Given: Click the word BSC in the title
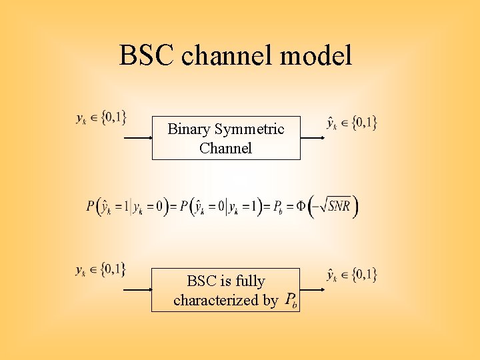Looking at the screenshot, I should [x=147, y=55].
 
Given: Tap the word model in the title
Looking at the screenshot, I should [x=317, y=55].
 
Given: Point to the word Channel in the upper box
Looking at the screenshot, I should [x=225, y=148].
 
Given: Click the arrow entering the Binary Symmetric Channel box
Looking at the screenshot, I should [x=138, y=138].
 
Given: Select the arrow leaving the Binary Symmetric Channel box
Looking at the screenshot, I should [x=312, y=138].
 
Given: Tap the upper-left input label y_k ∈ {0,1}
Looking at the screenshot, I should [x=101, y=118].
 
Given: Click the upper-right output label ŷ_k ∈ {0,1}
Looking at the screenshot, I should [x=351, y=122].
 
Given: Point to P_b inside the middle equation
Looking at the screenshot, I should [x=281, y=207].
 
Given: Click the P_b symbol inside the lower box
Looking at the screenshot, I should [x=291, y=301].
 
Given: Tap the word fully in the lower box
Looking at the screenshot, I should [x=250, y=281].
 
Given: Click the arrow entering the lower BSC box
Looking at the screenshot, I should [x=137, y=290].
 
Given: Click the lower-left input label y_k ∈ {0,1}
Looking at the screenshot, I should [x=101, y=270].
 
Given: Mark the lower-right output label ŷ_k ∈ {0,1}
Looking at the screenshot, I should [x=351, y=274].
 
